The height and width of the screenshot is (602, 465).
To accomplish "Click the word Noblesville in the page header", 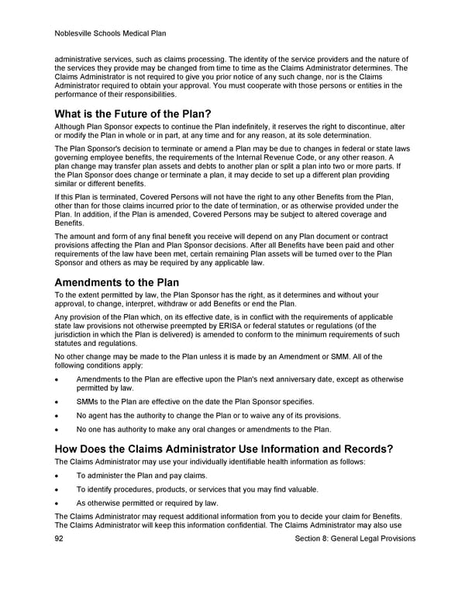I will (77, 33).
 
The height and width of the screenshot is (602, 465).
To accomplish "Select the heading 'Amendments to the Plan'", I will (116, 282).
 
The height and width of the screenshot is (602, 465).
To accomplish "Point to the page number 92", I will (60, 538).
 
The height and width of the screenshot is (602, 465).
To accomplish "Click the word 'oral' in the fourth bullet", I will (215, 429).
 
